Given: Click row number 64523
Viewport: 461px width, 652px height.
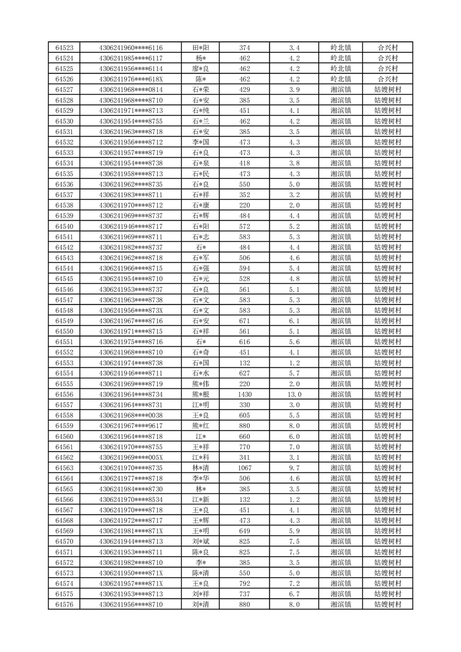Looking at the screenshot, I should (64, 48).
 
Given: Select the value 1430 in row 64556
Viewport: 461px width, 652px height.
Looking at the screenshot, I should (244, 395).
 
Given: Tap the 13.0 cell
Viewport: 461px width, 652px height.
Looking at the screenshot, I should (294, 395).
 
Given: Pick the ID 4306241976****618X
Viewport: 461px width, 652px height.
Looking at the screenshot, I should (131, 79).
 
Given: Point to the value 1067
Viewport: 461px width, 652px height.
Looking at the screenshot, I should (244, 468).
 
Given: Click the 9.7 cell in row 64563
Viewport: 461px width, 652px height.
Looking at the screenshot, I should (294, 468).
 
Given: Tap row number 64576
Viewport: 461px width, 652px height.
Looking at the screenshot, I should (64, 604).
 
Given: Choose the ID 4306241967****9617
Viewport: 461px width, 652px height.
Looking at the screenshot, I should (131, 426).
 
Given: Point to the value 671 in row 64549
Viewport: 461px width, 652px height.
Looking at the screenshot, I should (244, 321).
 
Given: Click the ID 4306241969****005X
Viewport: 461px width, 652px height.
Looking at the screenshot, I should (131, 457).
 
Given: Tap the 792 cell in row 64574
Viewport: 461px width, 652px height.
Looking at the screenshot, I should (244, 583).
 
